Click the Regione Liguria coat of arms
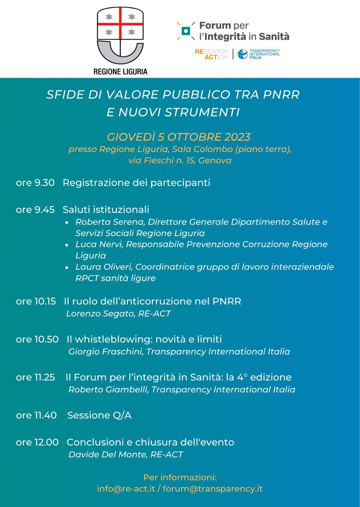120,36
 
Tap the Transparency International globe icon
243,54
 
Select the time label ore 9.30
35,183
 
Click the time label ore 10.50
37,339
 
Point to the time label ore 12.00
37,442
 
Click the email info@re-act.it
126,489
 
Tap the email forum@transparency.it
213,489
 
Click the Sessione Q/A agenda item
99,415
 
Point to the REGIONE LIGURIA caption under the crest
121,71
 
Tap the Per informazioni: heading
180,477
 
